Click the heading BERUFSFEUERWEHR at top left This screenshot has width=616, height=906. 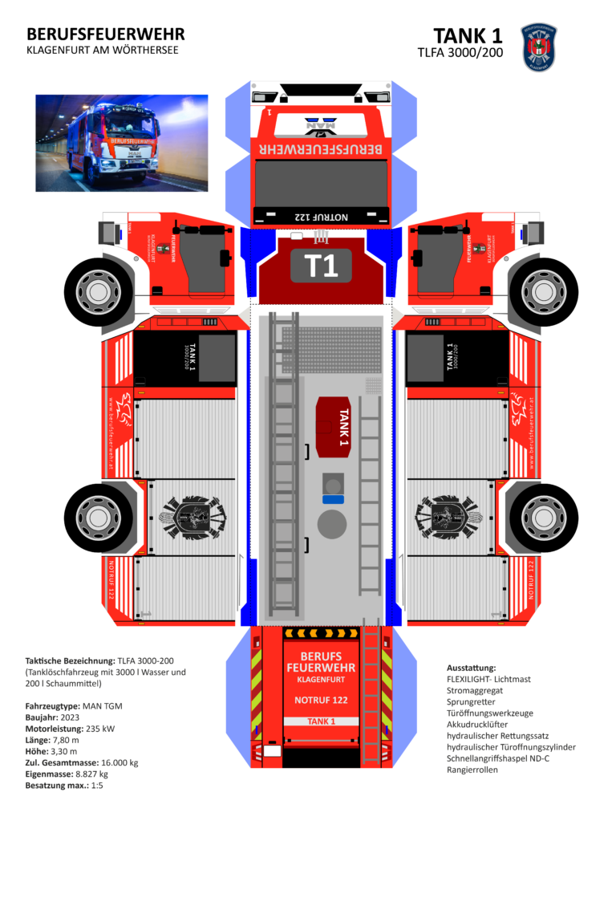click(105, 34)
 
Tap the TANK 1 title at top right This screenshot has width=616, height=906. click(468, 36)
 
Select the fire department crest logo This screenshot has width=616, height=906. click(539, 47)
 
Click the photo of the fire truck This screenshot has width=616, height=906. click(121, 143)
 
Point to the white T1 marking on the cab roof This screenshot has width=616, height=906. click(321, 266)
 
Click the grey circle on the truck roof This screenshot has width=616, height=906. click(332, 525)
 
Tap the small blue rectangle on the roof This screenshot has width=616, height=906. click(332, 498)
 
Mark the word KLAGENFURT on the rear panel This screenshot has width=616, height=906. click(321, 679)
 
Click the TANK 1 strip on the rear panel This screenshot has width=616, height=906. click(321, 721)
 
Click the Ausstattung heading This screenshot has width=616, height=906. click(472, 668)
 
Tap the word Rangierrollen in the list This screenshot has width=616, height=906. click(472, 770)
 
